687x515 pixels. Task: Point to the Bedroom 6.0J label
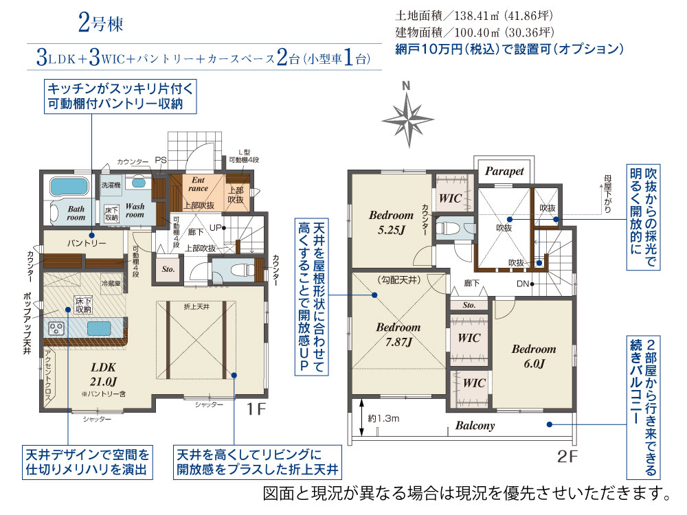(533, 356)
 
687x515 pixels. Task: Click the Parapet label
(505, 171)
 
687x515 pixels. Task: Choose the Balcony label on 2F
(475, 426)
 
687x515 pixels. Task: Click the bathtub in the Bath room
(67, 186)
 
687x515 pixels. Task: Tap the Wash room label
(135, 210)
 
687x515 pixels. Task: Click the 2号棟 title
(100, 25)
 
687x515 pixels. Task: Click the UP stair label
(215, 227)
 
